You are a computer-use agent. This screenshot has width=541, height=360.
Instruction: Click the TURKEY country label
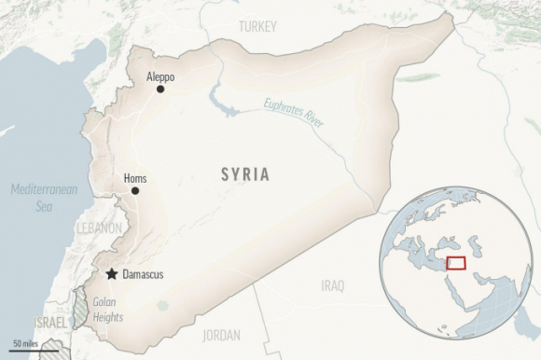coord(257,27)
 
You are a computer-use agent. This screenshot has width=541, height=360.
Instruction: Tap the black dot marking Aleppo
coord(160,90)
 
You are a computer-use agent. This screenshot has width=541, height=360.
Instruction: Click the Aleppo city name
coord(160,76)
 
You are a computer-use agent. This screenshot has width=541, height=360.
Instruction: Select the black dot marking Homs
coord(135,190)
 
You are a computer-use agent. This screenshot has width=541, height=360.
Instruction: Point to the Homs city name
coord(134,177)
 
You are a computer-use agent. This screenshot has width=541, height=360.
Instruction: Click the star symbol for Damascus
coord(112,274)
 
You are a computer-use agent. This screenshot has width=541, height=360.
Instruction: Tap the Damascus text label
coord(143,274)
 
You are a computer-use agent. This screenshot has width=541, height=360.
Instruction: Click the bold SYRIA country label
coord(245,174)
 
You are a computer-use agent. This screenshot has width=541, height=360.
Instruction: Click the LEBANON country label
coord(100,228)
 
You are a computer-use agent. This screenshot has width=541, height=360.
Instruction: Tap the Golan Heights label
coord(108,311)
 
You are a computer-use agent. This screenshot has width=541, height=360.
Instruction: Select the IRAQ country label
coord(332,284)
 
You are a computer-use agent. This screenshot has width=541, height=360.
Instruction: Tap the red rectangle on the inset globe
coord(455,263)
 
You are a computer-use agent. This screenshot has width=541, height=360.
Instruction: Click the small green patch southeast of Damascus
coord(164,305)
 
